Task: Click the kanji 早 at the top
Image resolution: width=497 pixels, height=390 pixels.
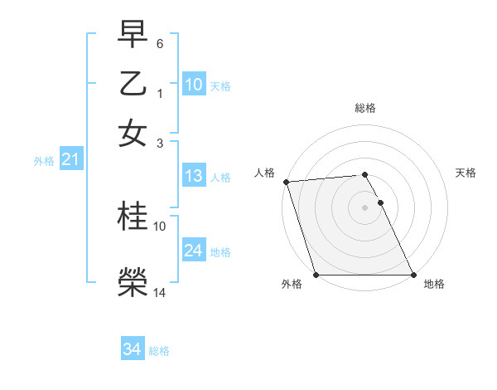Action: coord(133,34)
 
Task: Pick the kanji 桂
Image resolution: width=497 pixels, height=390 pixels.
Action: coord(133,217)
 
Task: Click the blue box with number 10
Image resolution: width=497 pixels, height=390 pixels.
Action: coord(193,85)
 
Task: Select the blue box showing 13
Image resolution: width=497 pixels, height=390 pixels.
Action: coord(193,176)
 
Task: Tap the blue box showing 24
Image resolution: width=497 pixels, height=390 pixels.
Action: coord(193,251)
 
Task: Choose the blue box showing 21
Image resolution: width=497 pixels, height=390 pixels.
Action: coord(70,160)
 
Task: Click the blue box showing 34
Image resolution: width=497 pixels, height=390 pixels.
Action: coord(132,349)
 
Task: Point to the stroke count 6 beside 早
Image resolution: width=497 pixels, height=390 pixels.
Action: coord(160,42)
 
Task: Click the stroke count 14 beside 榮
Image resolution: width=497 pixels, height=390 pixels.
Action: coord(160,292)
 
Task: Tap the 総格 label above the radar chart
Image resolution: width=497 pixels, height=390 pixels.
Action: coord(365,108)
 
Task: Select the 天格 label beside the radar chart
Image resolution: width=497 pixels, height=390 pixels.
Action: coord(466,173)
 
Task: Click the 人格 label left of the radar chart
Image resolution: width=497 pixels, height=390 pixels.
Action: coord(264,173)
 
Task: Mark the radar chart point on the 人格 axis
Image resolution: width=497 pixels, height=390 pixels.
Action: coord(286,182)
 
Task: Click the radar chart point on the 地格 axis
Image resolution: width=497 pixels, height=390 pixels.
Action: coord(413,275)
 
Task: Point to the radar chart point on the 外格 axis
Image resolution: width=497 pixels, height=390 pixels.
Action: coord(316,275)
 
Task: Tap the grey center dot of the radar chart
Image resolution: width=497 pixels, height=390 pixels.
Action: coord(365,207)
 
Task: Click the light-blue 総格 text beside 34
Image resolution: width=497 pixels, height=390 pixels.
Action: coord(160,351)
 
